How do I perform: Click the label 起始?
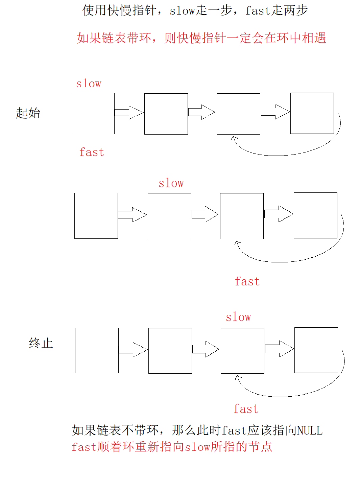(x=28, y=113)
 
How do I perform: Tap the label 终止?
(x=41, y=343)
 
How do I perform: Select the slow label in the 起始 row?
(x=89, y=84)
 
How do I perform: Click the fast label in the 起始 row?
(x=92, y=152)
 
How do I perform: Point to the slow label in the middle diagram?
(x=171, y=183)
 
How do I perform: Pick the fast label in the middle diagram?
(x=247, y=281)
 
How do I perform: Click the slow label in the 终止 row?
(x=238, y=317)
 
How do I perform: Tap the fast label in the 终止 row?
(x=246, y=409)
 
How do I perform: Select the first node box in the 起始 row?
(x=93, y=114)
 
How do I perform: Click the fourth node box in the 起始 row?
(x=312, y=113)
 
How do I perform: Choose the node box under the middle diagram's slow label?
(x=169, y=216)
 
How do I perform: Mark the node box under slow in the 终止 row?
(x=242, y=351)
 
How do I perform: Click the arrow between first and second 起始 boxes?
(x=129, y=113)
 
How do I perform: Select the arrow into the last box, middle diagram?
(x=279, y=214)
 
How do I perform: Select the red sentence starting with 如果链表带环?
(x=201, y=38)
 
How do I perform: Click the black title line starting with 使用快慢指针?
(x=195, y=10)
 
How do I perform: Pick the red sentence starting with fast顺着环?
(x=172, y=447)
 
